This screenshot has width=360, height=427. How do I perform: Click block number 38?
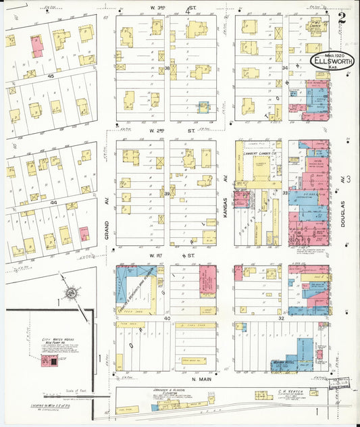(x=167, y=68)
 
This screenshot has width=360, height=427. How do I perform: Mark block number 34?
(x=285, y=68)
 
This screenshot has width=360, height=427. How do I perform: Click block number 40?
(x=167, y=317)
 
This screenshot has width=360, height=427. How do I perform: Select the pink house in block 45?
(x=36, y=45)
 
